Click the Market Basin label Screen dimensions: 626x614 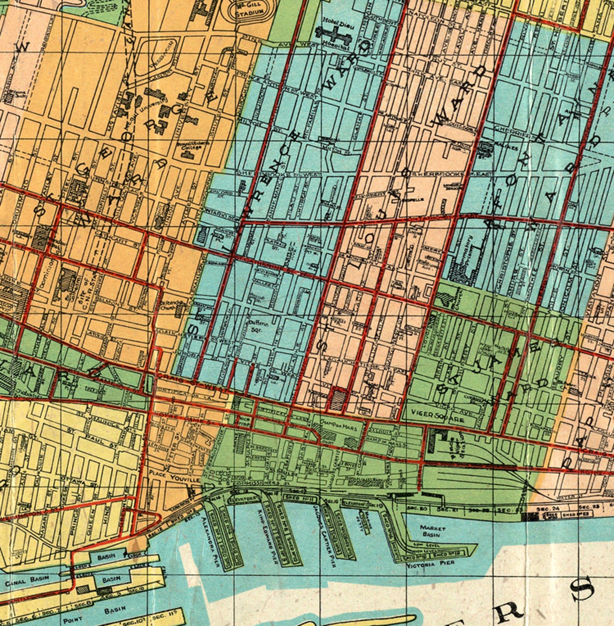[433, 531]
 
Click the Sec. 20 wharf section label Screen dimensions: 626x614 [418, 508]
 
